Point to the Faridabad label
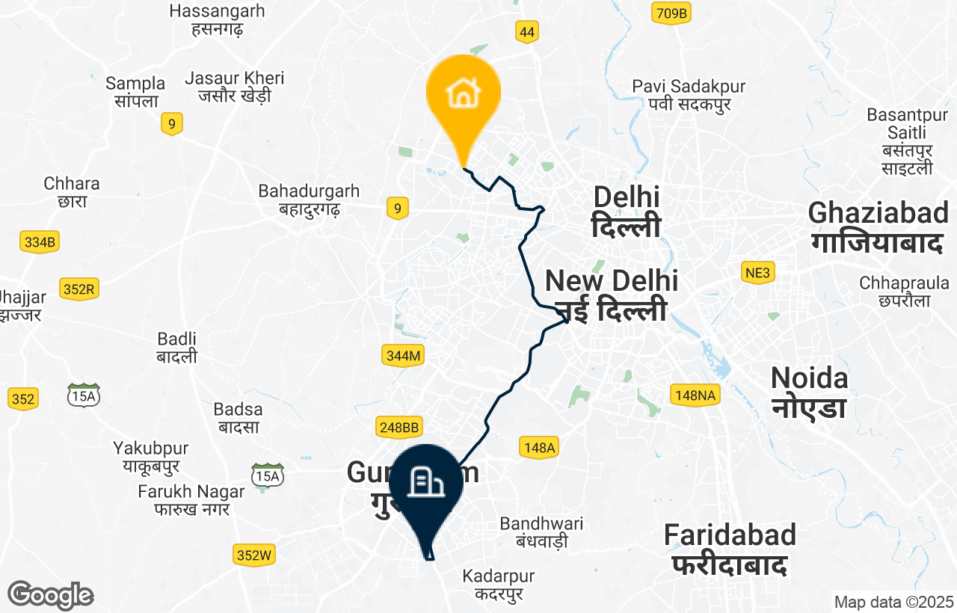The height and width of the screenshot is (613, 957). (730, 549)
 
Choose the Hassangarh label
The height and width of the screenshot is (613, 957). (217, 20)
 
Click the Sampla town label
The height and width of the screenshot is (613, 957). (135, 91)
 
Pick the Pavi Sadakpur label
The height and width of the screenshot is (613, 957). (680, 95)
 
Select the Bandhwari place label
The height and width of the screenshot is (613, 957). (541, 532)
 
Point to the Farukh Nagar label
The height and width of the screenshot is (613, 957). (191, 500)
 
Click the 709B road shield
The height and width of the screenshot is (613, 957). (670, 13)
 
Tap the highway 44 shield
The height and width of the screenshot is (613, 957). (527, 31)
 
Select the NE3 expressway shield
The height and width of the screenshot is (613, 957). (757, 273)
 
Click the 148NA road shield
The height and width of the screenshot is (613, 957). (695, 395)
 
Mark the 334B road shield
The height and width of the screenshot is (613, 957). (40, 242)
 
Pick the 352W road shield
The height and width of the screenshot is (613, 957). (254, 555)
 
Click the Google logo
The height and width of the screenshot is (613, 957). (50, 595)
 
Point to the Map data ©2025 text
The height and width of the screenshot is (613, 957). (893, 602)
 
